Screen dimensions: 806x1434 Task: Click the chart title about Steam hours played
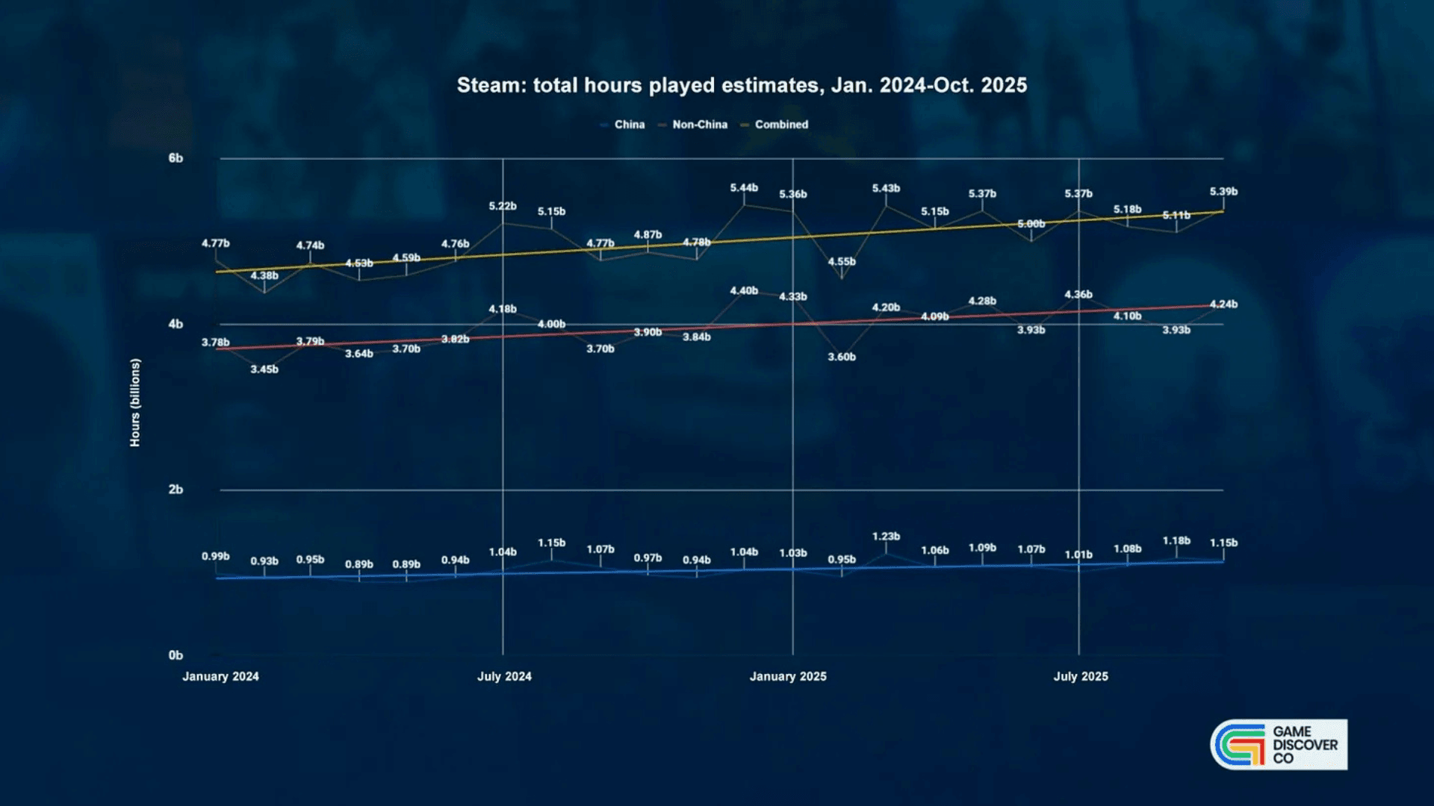pyautogui.click(x=742, y=85)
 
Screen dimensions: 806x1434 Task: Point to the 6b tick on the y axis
pyautogui.click(x=176, y=158)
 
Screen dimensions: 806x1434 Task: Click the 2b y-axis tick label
pyautogui.click(x=176, y=490)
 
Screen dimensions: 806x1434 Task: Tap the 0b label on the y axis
pyautogui.click(x=176, y=655)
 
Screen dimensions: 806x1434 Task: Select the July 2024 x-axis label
pyautogui.click(x=504, y=676)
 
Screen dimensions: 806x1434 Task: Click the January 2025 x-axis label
pyautogui.click(x=788, y=676)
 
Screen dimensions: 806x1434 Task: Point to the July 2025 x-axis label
pyautogui.click(x=1081, y=676)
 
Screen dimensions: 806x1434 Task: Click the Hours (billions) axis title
pyautogui.click(x=135, y=403)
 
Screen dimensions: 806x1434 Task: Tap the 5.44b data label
pyautogui.click(x=744, y=188)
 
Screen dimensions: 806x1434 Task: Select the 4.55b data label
pyautogui.click(x=842, y=262)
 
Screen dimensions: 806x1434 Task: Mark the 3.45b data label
pyautogui.click(x=264, y=369)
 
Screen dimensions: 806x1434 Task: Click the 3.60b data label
pyautogui.click(x=842, y=357)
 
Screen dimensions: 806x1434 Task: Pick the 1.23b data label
pyautogui.click(x=886, y=537)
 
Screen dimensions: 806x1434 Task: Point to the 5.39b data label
pyautogui.click(x=1223, y=192)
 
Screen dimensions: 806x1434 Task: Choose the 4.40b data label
pyautogui.click(x=744, y=291)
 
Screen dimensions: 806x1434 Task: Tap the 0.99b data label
pyautogui.click(x=216, y=557)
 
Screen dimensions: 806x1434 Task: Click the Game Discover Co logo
pyautogui.click(x=1279, y=744)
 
